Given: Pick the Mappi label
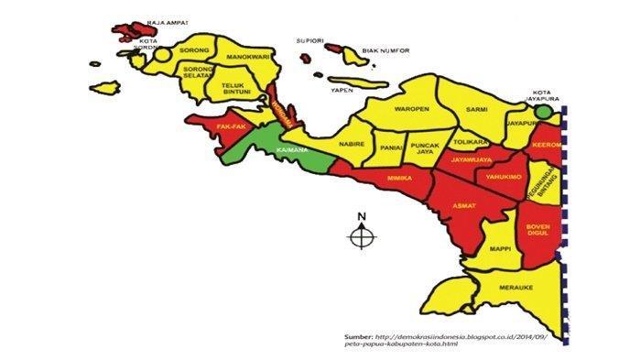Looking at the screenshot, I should tap(499, 249).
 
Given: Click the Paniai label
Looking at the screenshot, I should tap(391, 144).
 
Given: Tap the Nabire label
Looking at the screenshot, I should tap(353, 144).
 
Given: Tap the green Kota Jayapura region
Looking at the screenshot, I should tap(545, 112).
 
